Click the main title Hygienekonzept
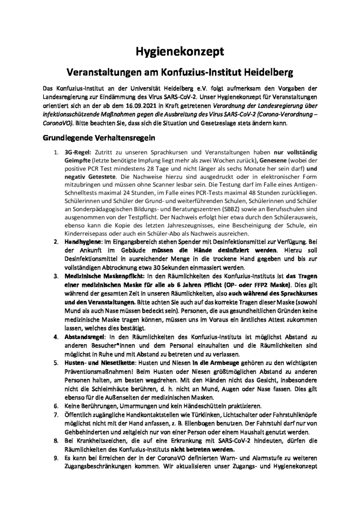pos(180,51)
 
